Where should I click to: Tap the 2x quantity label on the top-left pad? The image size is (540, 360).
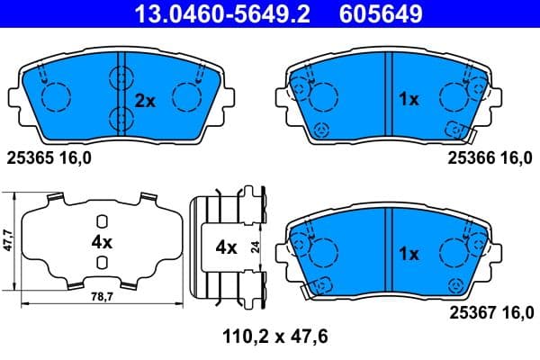click(x=145, y=101)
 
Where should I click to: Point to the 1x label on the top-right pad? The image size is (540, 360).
click(x=409, y=101)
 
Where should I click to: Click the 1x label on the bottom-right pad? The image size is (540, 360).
click(x=409, y=255)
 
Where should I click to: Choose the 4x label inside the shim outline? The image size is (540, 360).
click(x=101, y=242)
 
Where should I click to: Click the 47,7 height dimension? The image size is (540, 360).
click(x=8, y=240)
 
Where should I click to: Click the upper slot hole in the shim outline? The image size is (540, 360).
click(x=102, y=221)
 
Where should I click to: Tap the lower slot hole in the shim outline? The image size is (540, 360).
click(x=102, y=262)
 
